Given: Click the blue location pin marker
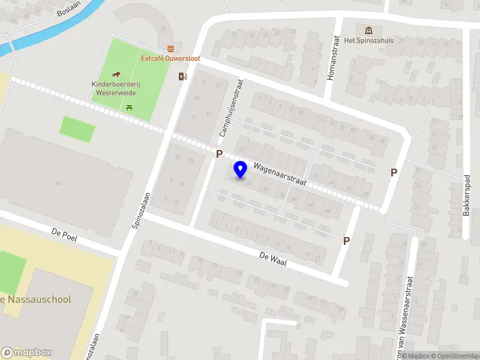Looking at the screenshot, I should coord(240,170).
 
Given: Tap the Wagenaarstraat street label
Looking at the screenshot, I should coord(280,175).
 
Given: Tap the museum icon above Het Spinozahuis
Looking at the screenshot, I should coord(368,30).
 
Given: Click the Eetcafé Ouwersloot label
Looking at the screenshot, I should coord(170,59).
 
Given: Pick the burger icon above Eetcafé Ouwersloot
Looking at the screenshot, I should coord(170,49).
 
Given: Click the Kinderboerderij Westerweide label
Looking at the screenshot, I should coord(114,89).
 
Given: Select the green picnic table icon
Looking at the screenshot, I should coord(129,108).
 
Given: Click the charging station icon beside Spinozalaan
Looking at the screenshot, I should coord(182,76).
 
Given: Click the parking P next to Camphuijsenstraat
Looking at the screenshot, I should coord(220,154).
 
